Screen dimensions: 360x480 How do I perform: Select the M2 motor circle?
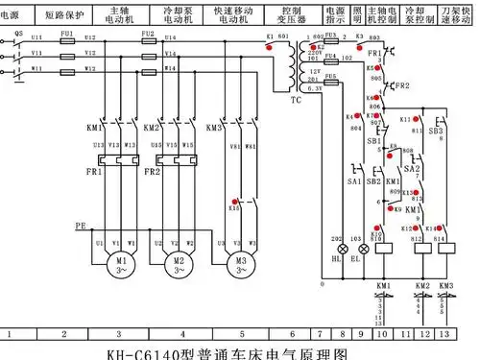(x=177, y=263)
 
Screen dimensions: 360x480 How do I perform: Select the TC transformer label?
(x=296, y=99)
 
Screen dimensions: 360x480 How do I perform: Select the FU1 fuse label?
(x=66, y=32)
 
